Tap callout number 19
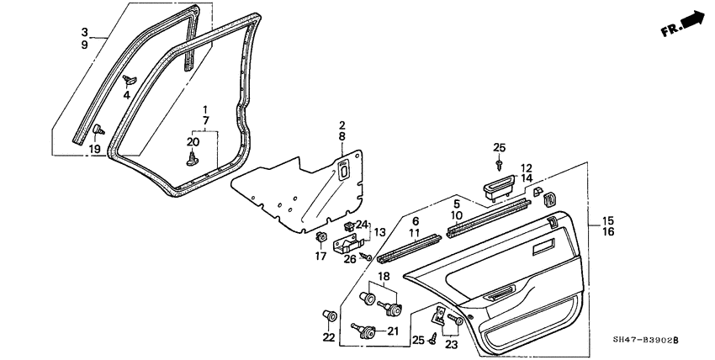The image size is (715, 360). click(94, 149)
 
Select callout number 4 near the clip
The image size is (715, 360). click(127, 94)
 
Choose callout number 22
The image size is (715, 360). click(329, 337)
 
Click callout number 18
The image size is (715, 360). click(383, 276)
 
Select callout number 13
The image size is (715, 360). click(380, 232)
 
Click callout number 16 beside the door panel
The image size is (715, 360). click(609, 230)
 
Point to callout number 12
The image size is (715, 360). click(526, 167)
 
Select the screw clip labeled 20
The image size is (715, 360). click(193, 156)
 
